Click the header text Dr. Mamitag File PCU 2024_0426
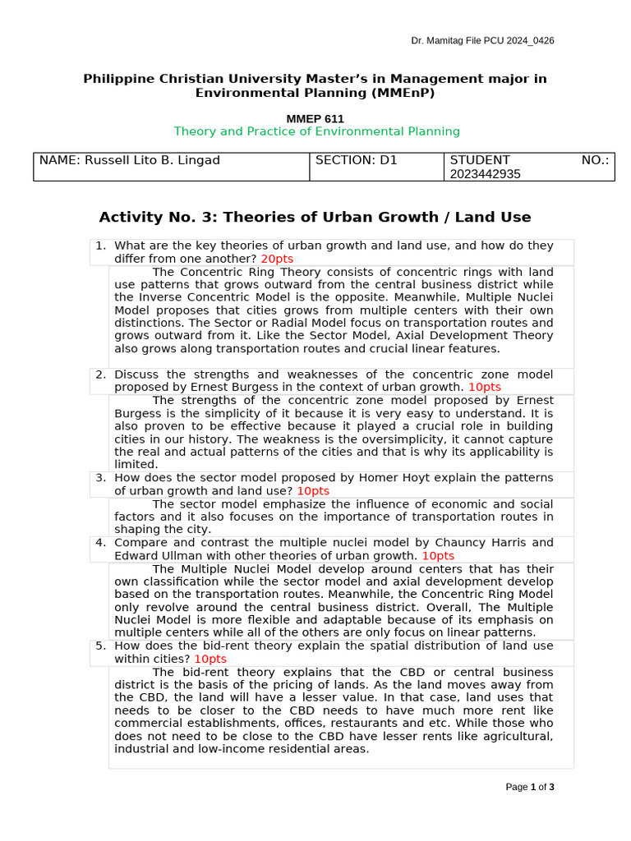coord(482,41)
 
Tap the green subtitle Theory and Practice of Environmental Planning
coord(316,131)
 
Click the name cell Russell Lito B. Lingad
coord(129,160)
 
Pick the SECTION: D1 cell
coord(356,160)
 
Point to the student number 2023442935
coord(485,174)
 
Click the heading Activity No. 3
coord(315,217)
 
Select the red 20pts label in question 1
coord(276,259)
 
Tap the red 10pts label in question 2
coord(484,387)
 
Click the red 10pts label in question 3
coord(313,490)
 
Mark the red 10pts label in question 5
coord(210,659)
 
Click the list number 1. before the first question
coord(100,246)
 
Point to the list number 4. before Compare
coord(100,543)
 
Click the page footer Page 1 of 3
coord(530,787)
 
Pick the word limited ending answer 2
coord(135,464)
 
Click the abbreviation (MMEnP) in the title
coord(398,93)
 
